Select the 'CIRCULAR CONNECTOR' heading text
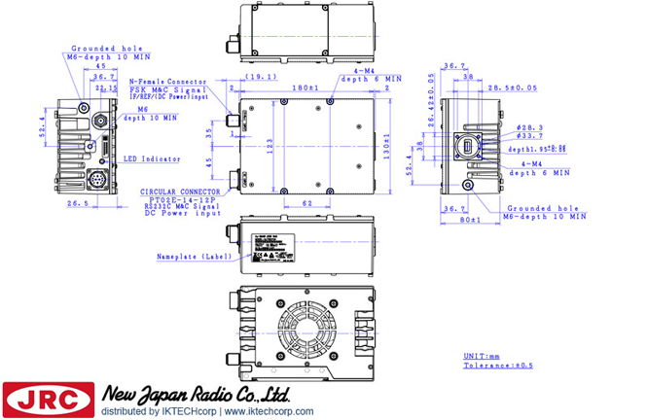178,192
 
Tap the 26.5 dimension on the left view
78,204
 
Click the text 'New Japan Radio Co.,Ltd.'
195,394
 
